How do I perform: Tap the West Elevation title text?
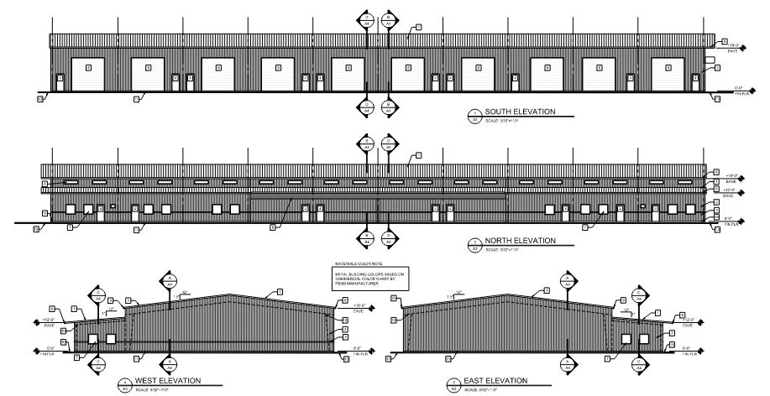tap(171, 381)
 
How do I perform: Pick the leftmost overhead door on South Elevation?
tap(87, 72)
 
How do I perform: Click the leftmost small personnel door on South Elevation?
tap(60, 81)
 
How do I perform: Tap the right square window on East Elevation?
tap(644, 339)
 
